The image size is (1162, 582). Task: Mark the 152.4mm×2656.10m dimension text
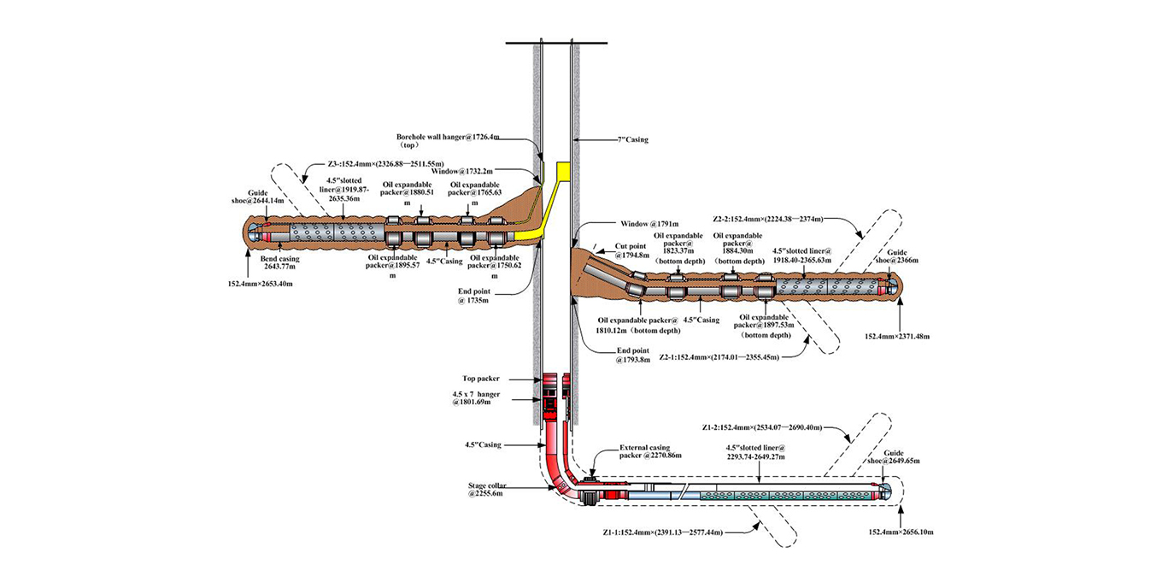click(901, 532)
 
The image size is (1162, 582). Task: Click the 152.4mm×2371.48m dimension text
click(897, 337)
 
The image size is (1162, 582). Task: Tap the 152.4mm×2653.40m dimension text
click(261, 283)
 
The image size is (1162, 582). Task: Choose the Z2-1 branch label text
click(719, 357)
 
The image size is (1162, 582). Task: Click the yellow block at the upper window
click(561, 171)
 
